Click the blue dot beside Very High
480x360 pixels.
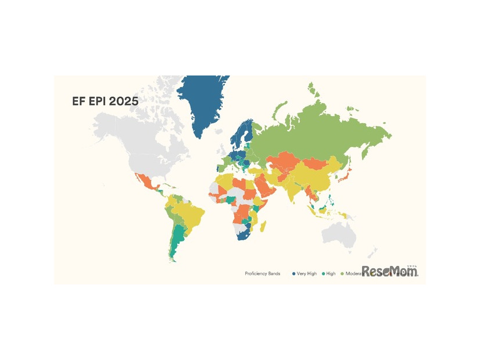294,273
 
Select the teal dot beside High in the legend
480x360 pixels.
323,273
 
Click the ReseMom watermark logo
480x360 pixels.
389,271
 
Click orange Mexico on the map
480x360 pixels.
145,182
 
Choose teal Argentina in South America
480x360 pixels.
177,244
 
